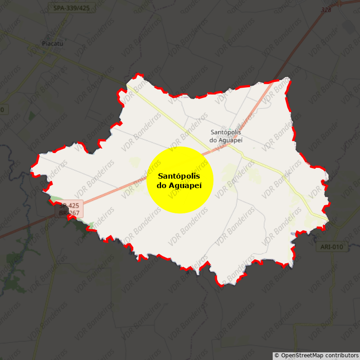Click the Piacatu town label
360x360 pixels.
(x=52, y=44)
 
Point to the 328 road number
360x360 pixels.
(x=326, y=9)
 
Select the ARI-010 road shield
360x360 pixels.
(x=332, y=247)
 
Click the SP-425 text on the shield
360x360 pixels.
(x=70, y=206)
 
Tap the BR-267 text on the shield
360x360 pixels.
(x=70, y=213)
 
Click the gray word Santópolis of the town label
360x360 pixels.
(x=226, y=132)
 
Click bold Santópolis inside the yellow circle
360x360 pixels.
(x=179, y=176)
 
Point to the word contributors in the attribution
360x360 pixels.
(x=340, y=355)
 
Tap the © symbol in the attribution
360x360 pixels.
(x=277, y=355)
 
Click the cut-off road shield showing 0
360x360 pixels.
(x=2, y=110)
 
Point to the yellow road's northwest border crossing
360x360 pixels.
(x=128, y=86)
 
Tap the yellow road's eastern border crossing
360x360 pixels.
(x=328, y=220)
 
